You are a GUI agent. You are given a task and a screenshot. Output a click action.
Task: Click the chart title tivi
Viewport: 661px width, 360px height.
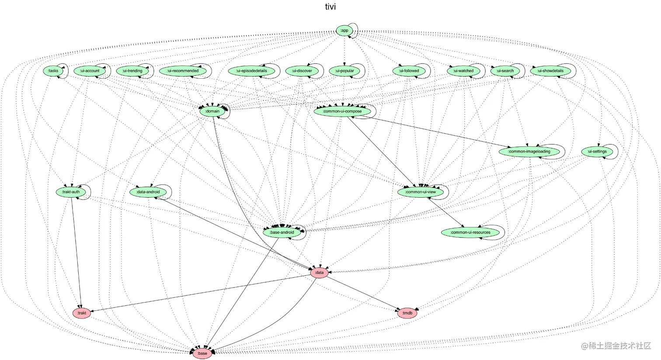[x=330, y=7]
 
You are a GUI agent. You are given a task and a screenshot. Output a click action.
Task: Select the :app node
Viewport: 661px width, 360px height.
[x=344, y=30]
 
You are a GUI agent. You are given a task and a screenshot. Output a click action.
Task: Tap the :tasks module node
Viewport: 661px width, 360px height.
[x=53, y=71]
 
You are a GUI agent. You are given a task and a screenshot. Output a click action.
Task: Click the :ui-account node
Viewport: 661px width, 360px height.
[x=90, y=71]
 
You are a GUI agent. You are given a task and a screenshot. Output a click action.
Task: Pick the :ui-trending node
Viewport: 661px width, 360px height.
[x=132, y=71]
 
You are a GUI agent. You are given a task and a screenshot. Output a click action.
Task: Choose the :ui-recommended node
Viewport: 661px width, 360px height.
[x=183, y=71]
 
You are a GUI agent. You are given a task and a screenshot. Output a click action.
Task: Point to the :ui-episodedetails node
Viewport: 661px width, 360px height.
[x=251, y=71]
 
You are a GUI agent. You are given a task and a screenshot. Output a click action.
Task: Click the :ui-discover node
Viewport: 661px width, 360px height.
[x=302, y=71]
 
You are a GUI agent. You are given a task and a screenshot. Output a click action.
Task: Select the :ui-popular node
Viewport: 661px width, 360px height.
[x=344, y=71]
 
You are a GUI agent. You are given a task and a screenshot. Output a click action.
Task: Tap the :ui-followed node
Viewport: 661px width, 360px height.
[x=409, y=71]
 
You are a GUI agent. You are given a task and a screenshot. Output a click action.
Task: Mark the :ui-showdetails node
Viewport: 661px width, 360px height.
[x=550, y=71]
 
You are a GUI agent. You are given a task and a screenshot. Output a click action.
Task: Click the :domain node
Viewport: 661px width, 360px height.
[x=212, y=111]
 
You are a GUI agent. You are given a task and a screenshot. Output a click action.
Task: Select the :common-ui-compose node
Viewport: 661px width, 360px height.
[x=342, y=111]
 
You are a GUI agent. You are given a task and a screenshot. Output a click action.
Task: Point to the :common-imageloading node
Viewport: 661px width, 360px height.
[x=529, y=152]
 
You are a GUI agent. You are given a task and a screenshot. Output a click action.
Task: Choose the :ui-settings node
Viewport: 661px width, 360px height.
[x=597, y=152]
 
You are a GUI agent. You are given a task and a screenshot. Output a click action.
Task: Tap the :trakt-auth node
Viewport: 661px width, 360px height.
[x=71, y=192]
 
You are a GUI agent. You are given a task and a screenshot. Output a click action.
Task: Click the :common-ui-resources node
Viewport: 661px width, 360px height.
[x=470, y=232]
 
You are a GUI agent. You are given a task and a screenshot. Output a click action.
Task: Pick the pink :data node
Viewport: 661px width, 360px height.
[x=319, y=273]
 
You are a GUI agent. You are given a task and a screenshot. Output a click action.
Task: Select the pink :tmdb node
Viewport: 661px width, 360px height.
[x=407, y=313]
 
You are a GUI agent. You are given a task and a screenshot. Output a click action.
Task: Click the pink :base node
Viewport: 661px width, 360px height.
[x=202, y=353]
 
